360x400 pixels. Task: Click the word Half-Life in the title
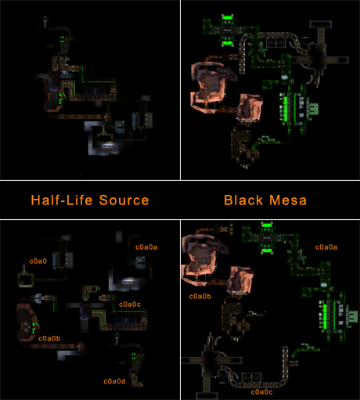coord(62,200)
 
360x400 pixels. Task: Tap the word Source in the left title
coord(124,200)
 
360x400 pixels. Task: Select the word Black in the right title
coord(243,200)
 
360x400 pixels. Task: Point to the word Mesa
coord(288,200)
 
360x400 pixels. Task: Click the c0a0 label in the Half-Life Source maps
coord(38,261)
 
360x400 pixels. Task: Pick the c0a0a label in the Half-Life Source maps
coord(146,247)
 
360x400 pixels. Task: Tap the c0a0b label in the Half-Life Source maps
coord(49,338)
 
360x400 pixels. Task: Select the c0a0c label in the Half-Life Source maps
coord(130,305)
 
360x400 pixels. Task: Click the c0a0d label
coord(114,381)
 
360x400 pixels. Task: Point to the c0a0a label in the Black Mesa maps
coord(326,247)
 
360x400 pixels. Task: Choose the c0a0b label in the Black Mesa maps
coord(200,297)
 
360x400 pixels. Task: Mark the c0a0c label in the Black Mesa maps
coord(261,392)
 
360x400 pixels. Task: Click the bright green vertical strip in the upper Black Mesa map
coord(286,109)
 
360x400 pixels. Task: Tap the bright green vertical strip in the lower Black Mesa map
coord(325,316)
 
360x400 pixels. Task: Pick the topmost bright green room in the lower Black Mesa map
coord(266,225)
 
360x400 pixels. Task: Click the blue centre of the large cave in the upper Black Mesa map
coord(213,88)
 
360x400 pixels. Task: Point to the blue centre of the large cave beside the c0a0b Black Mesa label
coord(203,260)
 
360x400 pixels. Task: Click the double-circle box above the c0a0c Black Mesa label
coord(251,378)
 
